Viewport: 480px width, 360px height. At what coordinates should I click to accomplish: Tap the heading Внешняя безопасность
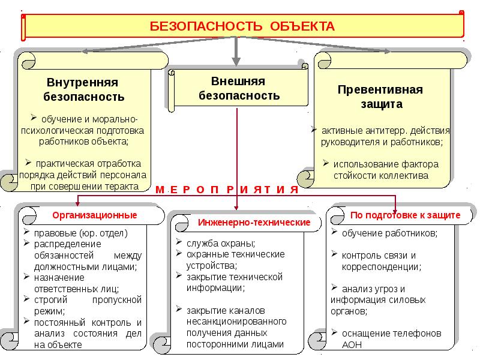[x=239, y=88]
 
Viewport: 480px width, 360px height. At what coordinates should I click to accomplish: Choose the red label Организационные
[x=94, y=215]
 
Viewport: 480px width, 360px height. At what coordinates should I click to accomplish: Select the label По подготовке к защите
[x=405, y=215]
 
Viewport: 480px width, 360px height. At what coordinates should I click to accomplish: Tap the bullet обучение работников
[x=389, y=233]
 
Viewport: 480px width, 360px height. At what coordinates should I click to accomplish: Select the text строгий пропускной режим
[x=83, y=304]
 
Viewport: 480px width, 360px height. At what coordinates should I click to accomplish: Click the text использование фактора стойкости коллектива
[x=382, y=170]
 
